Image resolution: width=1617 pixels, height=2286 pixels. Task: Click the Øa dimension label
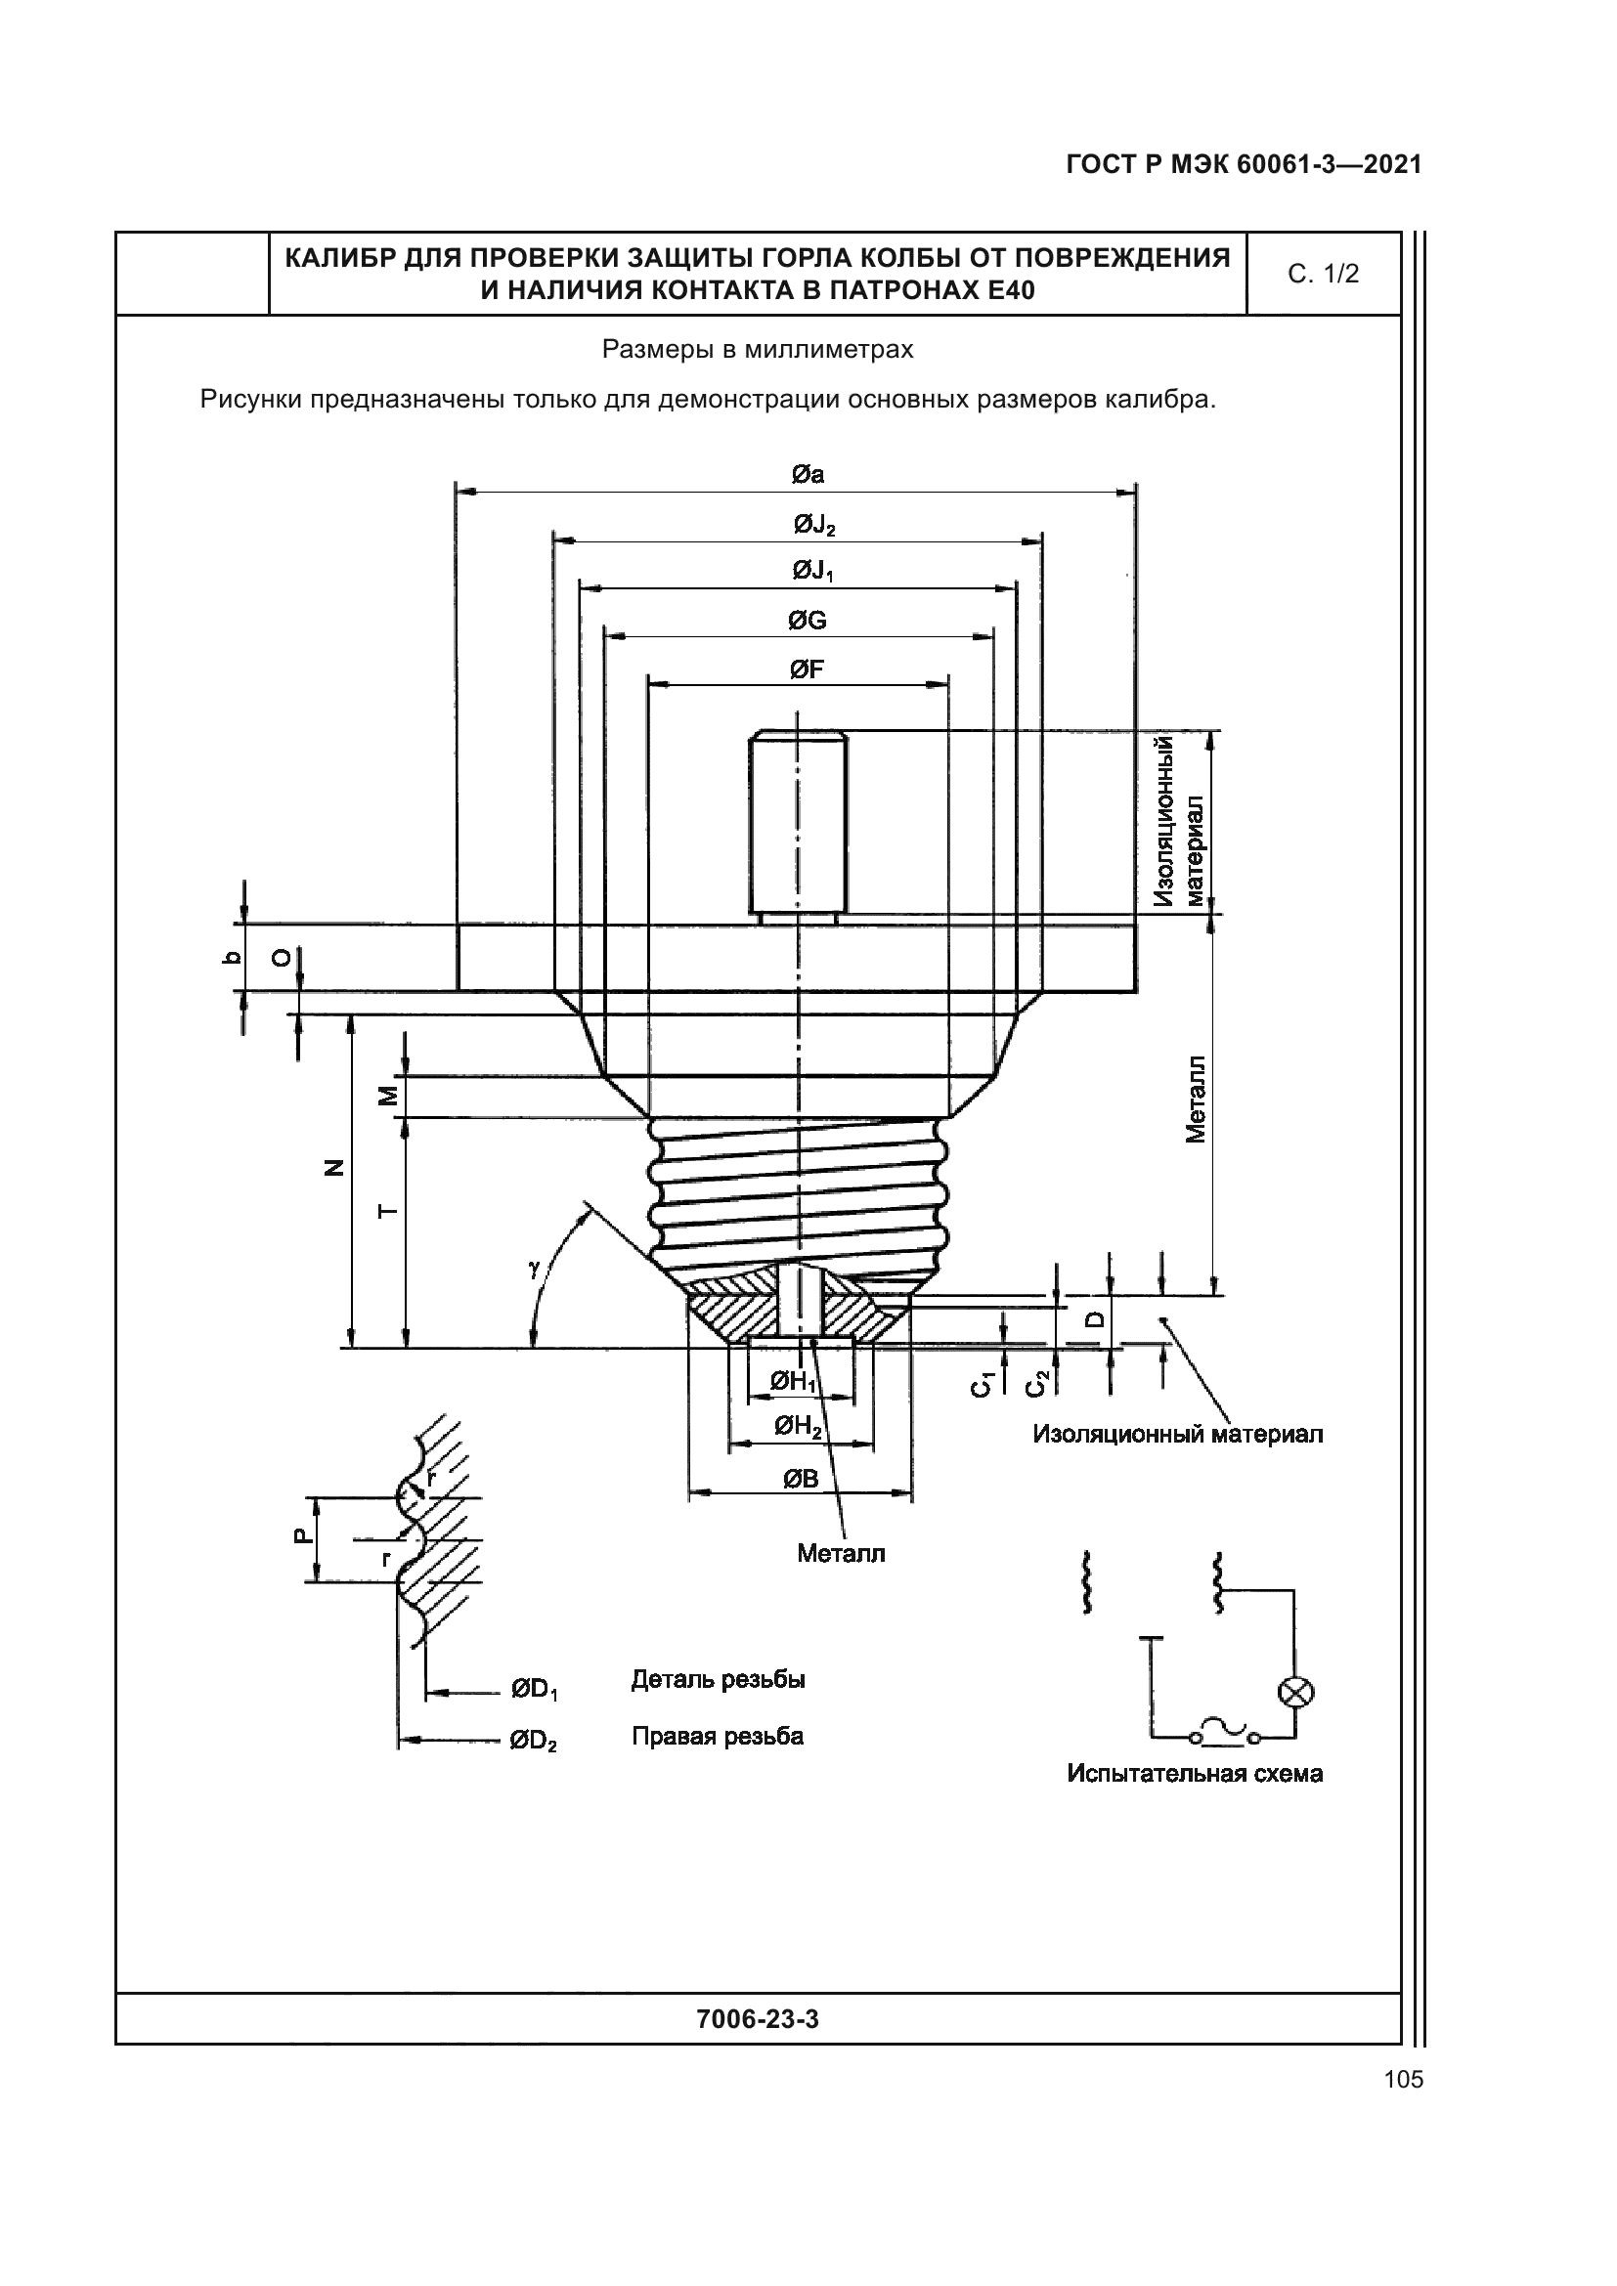click(x=808, y=475)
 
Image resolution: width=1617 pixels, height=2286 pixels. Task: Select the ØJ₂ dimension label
click(x=813, y=524)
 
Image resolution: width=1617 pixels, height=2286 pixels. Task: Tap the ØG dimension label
click(x=808, y=621)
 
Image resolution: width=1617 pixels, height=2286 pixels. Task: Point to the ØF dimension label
click(x=807, y=669)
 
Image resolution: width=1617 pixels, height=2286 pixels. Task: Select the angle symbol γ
click(x=535, y=1268)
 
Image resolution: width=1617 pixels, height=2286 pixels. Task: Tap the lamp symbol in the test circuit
click(x=1295, y=1692)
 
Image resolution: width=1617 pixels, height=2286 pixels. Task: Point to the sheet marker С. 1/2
click(x=1323, y=274)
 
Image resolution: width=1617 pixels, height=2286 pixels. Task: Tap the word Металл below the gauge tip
click(x=841, y=1553)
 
